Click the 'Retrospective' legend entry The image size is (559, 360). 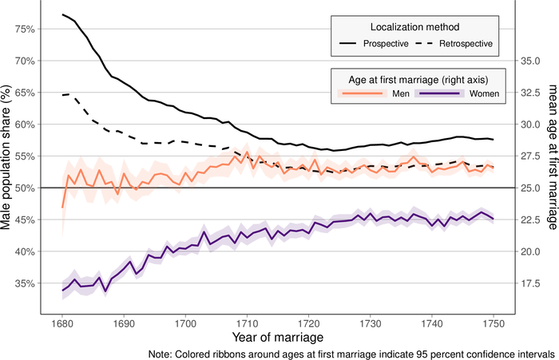[466, 42]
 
